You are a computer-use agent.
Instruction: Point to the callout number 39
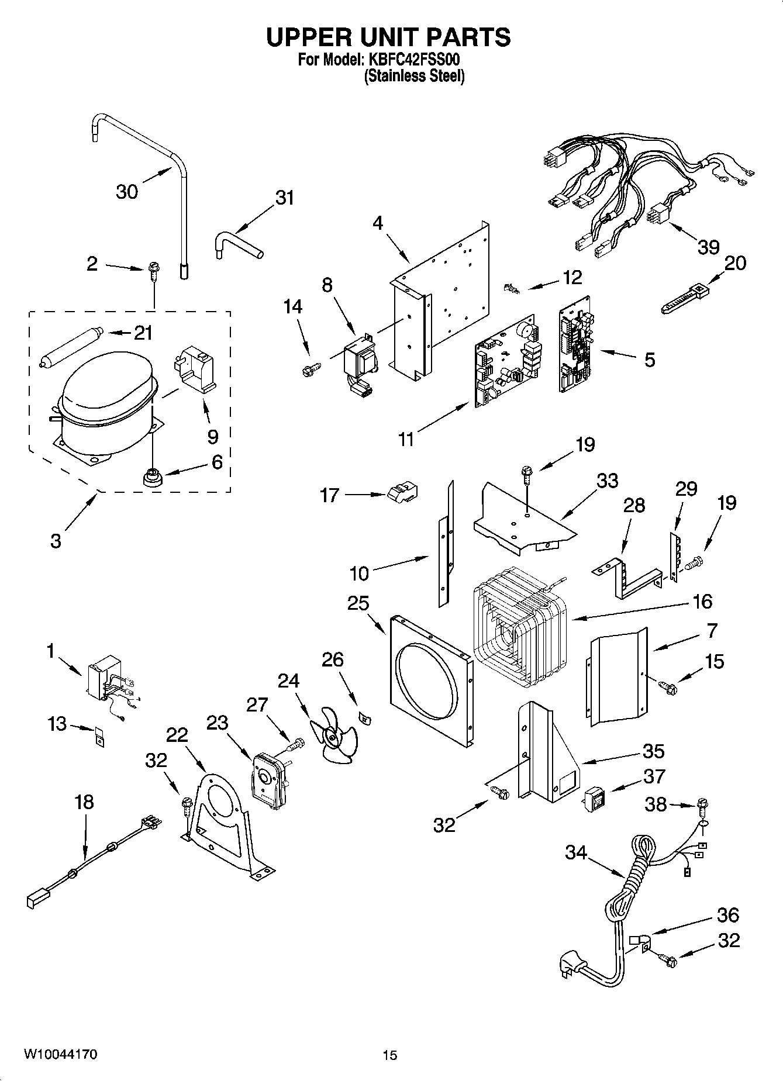[708, 247]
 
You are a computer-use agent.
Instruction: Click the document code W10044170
[60, 1055]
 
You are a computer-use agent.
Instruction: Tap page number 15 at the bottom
[389, 1055]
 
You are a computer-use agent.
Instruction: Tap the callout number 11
[406, 438]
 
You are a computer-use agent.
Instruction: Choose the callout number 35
[653, 751]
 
